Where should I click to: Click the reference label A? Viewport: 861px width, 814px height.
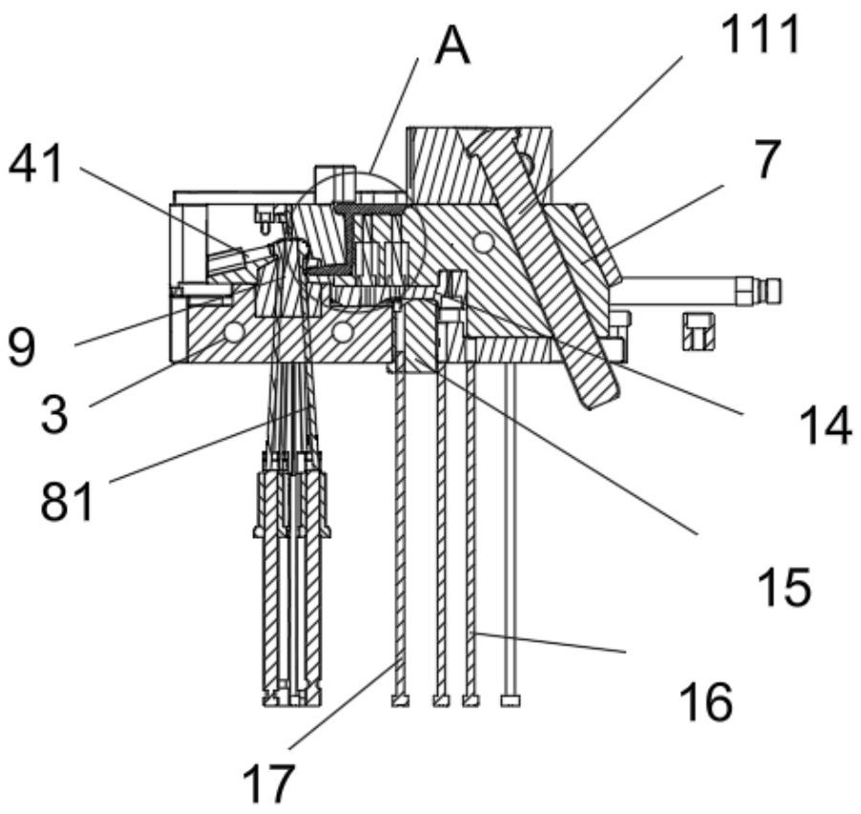(x=451, y=46)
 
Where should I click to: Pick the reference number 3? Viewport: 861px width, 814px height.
(x=54, y=415)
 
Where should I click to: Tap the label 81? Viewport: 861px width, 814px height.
(x=67, y=501)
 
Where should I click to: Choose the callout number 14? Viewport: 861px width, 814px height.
(x=826, y=426)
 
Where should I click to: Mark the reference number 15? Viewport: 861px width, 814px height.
(x=784, y=586)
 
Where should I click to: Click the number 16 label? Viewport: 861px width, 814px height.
(x=706, y=702)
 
